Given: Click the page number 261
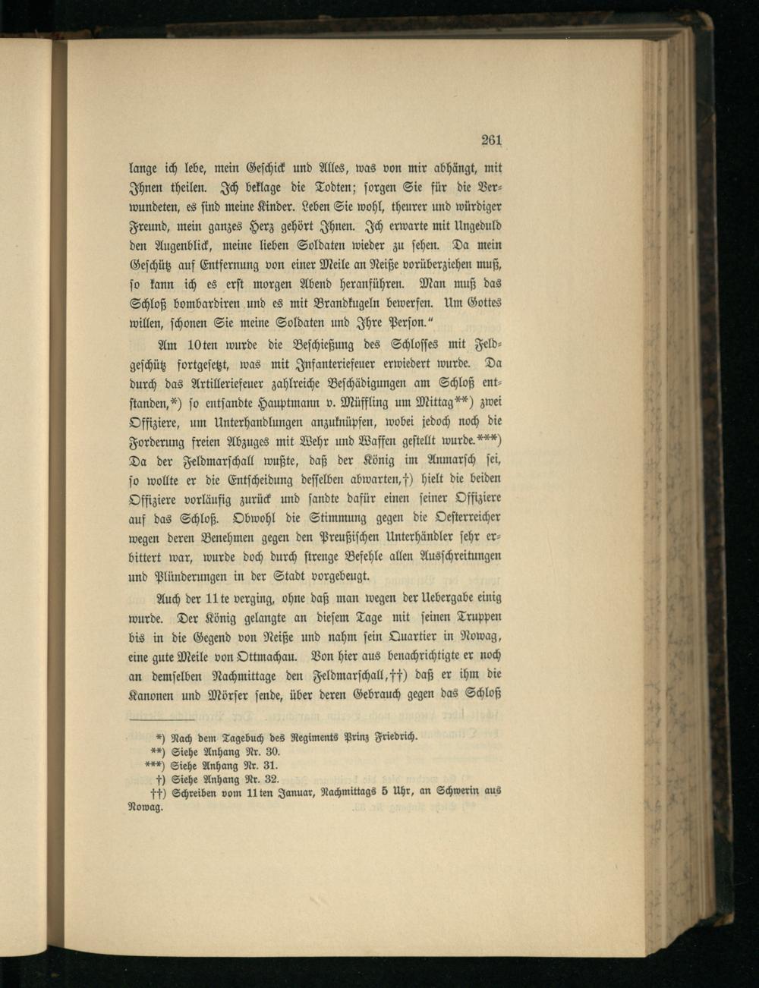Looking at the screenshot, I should (x=492, y=140).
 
